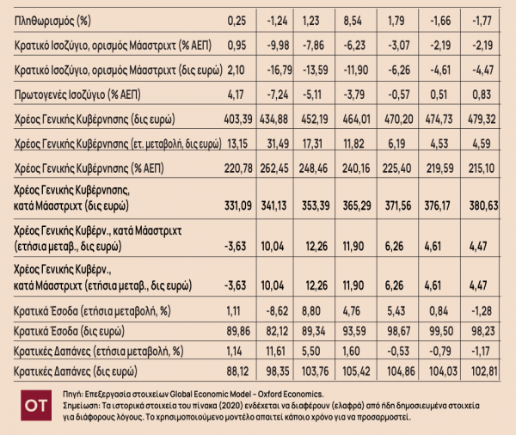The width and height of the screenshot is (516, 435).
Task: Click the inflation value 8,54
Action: click(x=353, y=21)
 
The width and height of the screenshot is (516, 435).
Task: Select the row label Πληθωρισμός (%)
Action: click(x=52, y=21)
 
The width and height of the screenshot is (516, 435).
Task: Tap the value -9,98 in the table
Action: click(x=278, y=45)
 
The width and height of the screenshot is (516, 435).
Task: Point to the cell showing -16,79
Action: click(x=279, y=70)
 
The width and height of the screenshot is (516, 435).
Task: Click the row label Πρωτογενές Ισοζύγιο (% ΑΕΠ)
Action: click(x=77, y=95)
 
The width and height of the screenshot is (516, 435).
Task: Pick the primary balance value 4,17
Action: click(x=236, y=95)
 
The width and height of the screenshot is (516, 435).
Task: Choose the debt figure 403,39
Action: click(x=238, y=119)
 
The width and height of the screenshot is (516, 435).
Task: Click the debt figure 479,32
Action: click(x=482, y=119)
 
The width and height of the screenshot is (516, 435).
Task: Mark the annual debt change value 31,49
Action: click(x=278, y=144)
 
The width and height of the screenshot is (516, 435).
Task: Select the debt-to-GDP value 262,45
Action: click(x=274, y=168)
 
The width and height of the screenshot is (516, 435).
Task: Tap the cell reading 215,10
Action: click(x=482, y=168)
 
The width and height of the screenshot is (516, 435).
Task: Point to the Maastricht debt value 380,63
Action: click(x=483, y=205)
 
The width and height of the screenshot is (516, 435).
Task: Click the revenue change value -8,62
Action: click(x=278, y=311)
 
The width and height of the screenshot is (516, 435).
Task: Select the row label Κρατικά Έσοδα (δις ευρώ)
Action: click(x=69, y=331)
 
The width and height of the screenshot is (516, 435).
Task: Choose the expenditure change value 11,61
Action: click(x=275, y=351)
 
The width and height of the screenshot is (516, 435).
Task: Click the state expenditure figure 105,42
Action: click(x=356, y=371)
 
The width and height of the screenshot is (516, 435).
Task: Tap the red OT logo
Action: click(x=36, y=406)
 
